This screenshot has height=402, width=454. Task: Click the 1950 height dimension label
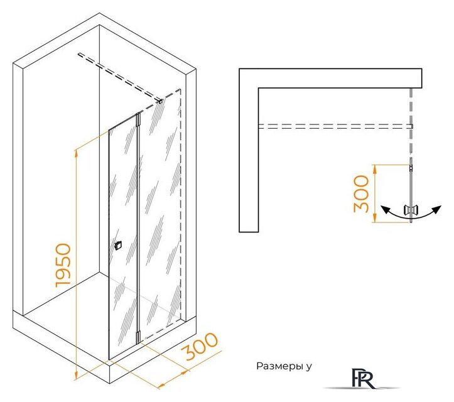coord(63,266)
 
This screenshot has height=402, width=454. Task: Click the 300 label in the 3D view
coord(200,346)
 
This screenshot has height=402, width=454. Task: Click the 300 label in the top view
coord(361,193)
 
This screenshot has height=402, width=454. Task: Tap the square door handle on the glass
coord(117,246)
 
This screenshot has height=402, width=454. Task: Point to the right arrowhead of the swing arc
coord(437,209)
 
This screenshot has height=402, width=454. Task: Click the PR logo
coord(363,378)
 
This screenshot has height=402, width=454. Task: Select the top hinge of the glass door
coord(138,119)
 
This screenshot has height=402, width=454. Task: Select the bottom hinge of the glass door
coord(138,336)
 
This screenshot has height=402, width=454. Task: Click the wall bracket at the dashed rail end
coord(160,101)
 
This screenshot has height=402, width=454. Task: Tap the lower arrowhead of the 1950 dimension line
coord(77,376)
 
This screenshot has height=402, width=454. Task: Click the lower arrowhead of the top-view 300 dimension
coord(375,219)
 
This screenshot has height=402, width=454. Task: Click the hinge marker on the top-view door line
coord(411,168)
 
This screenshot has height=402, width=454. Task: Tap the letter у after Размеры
coord(309,367)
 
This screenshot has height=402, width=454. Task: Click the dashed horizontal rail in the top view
coord(335,126)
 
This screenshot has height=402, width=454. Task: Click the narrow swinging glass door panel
coord(123,237)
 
